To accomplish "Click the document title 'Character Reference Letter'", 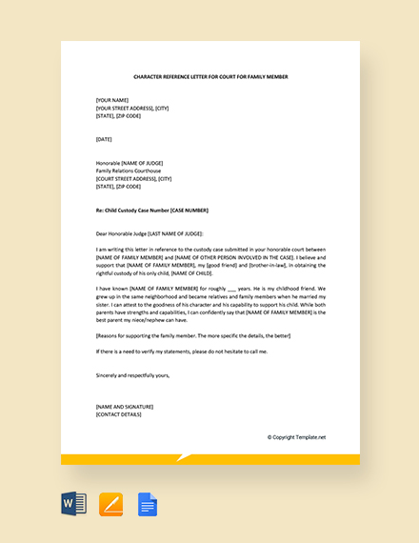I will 209,76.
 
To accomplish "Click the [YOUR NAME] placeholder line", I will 112,100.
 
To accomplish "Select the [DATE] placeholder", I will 104,139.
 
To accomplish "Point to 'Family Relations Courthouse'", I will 129,171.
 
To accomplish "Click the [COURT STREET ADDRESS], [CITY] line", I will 133,178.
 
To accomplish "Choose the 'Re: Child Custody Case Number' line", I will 151,210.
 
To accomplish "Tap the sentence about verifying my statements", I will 182,352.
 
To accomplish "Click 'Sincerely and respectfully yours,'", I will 132,374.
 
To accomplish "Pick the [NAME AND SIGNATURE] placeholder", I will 125,406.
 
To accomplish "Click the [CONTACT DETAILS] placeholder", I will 119,414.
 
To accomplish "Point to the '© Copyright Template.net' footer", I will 296,437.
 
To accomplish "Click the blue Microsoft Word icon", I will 74,504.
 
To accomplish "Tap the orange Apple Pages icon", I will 111,504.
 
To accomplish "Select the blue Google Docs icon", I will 148,504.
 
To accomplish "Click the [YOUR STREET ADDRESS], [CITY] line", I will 132,108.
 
